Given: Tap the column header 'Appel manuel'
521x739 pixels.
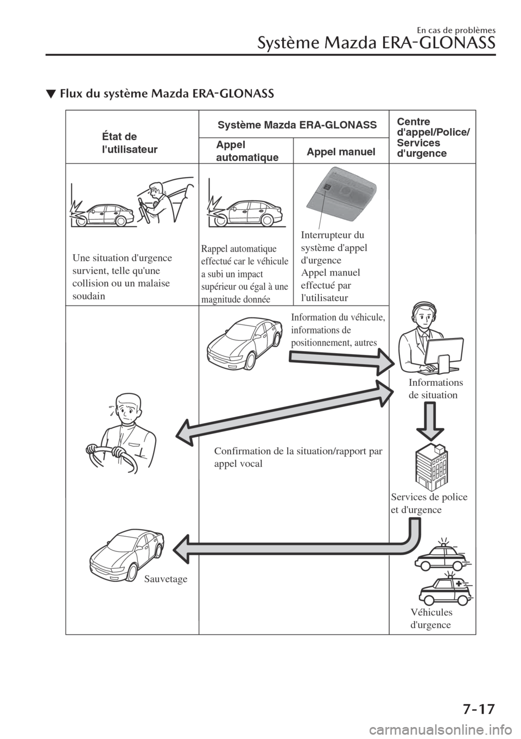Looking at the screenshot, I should [341, 152].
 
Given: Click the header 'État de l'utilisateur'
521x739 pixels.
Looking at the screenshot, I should [130, 143].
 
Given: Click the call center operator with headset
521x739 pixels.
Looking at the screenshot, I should [418, 337].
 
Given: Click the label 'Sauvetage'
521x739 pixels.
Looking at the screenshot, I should [166, 579].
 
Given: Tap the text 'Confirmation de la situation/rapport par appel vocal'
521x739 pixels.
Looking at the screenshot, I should [298, 458].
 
